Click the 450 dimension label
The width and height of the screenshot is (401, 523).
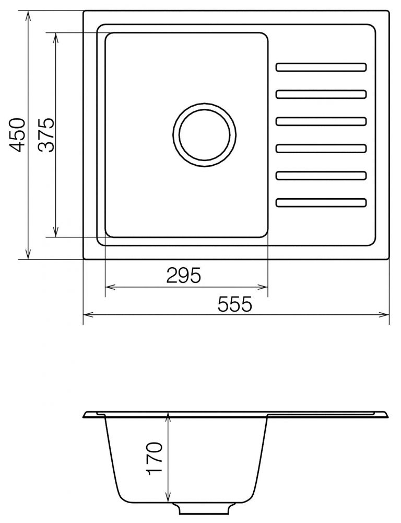click(x=17, y=135)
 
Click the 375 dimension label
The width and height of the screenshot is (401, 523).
click(x=46, y=135)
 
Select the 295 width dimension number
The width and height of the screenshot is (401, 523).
click(x=184, y=276)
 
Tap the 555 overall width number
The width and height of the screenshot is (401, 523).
click(x=234, y=304)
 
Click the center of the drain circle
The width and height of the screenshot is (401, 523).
click(x=205, y=135)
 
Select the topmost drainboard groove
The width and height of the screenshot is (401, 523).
click(x=321, y=67)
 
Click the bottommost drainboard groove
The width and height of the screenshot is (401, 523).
click(x=321, y=202)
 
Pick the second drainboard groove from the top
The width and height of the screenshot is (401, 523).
click(x=321, y=94)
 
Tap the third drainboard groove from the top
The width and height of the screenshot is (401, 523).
click(x=321, y=121)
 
